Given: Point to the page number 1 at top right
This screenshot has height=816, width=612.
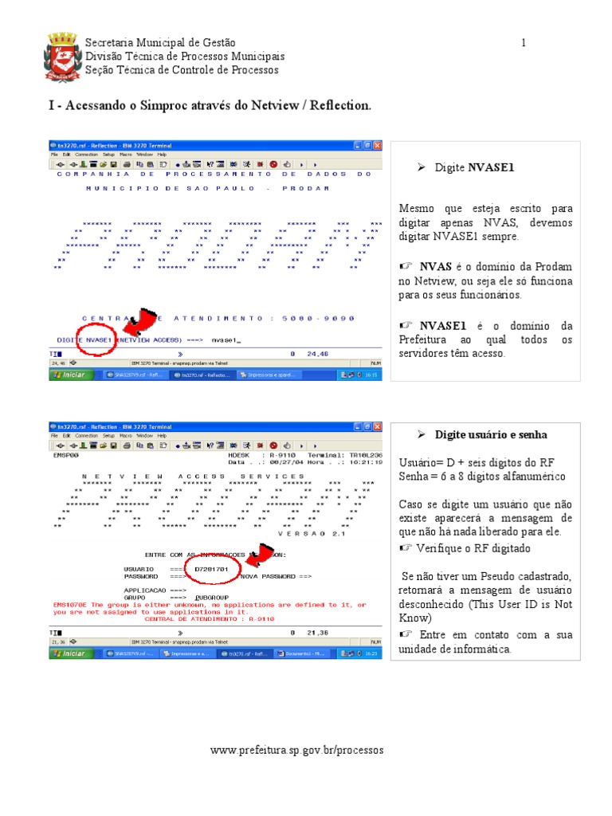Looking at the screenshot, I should (x=524, y=42).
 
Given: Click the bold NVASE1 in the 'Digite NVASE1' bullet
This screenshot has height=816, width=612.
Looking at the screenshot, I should (x=491, y=168).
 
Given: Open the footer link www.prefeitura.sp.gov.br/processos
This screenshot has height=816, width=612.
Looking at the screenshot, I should (x=296, y=750).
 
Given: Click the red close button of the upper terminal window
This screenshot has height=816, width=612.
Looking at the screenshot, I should (x=378, y=146).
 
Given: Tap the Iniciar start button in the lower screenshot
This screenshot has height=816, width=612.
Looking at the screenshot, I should (x=69, y=653).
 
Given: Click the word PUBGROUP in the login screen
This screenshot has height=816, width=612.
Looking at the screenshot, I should (x=212, y=597).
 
